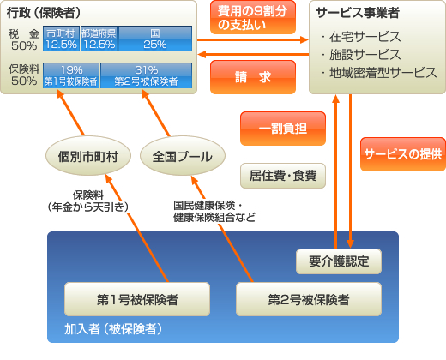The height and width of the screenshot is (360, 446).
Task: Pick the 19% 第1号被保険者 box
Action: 71,75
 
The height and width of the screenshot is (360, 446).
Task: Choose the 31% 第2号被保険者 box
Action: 144,75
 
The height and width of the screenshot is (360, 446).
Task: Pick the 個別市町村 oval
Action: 87,158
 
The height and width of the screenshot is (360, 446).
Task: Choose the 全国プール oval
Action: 182,158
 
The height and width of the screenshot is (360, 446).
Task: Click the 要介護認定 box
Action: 338,261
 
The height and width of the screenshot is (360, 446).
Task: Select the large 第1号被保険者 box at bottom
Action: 137,300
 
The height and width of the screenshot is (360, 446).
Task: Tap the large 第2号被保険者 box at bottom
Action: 308,300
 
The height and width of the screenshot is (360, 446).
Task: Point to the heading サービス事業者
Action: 357,15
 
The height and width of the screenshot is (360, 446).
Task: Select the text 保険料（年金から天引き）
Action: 93,201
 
